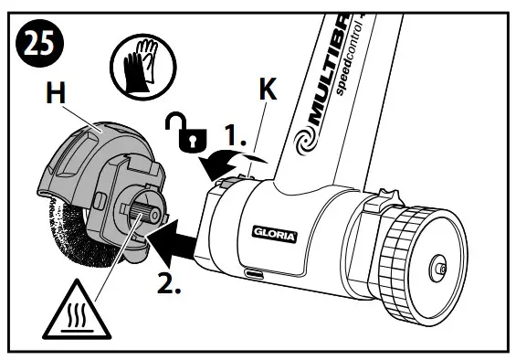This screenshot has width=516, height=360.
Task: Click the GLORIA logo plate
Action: (274, 233)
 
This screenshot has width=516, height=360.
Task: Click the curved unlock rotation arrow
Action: (224, 164)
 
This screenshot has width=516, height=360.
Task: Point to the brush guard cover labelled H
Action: (87, 160)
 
